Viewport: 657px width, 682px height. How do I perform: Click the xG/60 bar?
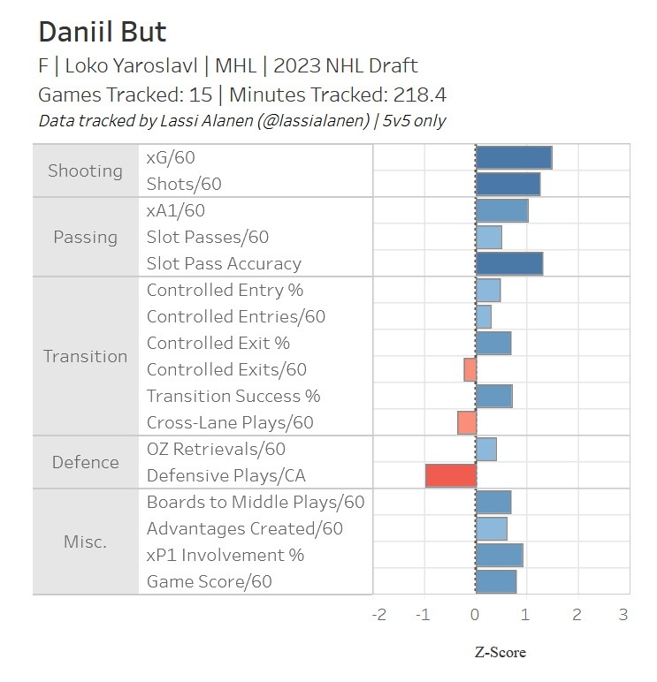point(514,157)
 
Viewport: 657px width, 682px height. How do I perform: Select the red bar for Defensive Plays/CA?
point(451,475)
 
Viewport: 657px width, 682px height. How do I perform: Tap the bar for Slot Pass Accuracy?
point(509,263)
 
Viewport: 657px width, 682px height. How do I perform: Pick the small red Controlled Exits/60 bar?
point(470,369)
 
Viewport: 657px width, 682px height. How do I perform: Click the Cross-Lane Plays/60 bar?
point(467,422)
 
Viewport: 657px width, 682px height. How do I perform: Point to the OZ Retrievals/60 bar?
point(486,449)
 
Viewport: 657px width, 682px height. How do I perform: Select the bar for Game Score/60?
point(496,581)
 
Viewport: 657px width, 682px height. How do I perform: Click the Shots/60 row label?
point(184,184)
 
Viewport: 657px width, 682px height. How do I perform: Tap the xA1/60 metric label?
point(176,210)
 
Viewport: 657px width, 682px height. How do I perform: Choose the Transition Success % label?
point(233,396)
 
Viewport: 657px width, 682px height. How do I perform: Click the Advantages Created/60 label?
point(245,528)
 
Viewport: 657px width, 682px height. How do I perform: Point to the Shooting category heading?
point(85,170)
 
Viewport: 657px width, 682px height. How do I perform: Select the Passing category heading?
point(85,237)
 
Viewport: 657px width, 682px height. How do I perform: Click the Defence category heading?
point(85,462)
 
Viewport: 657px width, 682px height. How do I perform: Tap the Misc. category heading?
point(85,542)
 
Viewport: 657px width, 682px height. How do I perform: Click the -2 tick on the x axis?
point(378,615)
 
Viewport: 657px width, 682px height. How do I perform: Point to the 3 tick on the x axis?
point(623,615)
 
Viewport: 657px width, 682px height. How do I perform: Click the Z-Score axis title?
point(500,653)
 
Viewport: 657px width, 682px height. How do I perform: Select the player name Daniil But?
point(103,33)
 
